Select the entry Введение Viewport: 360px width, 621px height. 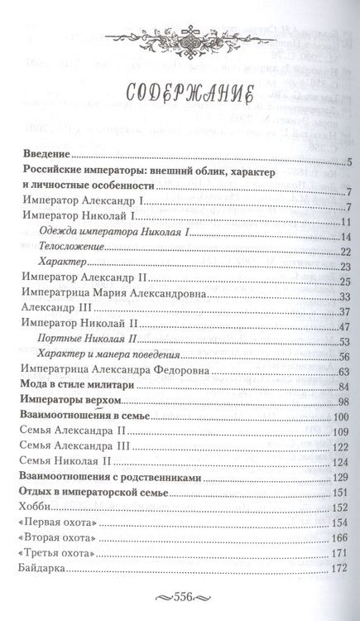[x=46, y=155]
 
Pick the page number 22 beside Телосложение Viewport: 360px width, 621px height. [x=347, y=253]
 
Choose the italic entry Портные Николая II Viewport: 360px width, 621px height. [x=92, y=340]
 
